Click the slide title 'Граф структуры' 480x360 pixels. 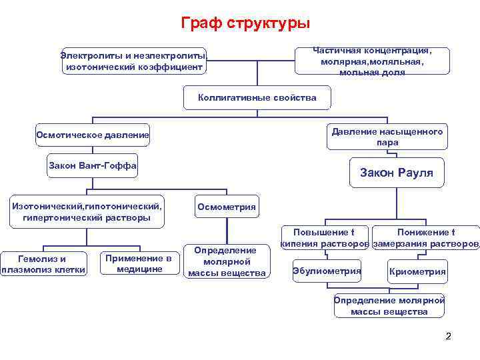[245, 23]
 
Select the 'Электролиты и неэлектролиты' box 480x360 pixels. [134, 61]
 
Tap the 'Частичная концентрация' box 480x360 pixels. [372, 61]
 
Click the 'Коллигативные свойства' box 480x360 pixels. [257, 97]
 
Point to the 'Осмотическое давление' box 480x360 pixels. [93, 136]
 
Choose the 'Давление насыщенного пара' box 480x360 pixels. [387, 137]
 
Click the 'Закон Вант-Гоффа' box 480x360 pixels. [93, 165]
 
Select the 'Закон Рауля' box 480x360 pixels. [397, 173]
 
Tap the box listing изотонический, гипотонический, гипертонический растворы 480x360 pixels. [87, 212]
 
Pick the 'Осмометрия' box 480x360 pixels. [227, 207]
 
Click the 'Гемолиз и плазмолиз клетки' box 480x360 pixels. [44, 264]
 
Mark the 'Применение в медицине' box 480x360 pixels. [139, 263]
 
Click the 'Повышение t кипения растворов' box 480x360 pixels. [325, 238]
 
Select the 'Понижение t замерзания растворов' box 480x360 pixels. [425, 238]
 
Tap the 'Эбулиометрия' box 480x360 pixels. [327, 271]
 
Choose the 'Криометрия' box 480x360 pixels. [417, 271]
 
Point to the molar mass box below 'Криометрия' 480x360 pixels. [389, 305]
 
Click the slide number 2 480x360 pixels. [448, 336]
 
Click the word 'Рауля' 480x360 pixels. [415, 173]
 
